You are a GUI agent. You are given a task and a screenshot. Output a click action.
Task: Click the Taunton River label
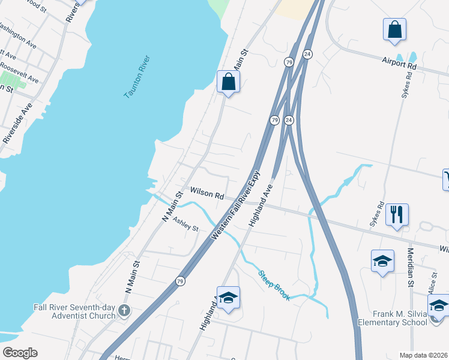(137, 77)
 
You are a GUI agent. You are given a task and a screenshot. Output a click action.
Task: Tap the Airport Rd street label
(399, 61)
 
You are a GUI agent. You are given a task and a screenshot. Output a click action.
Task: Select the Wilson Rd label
(207, 193)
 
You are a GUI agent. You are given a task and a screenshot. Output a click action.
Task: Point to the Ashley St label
(185, 224)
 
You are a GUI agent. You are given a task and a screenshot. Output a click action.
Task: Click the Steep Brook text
(274, 286)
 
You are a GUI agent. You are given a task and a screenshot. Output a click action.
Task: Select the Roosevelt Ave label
(19, 73)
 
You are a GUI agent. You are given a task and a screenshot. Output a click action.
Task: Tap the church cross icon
(124, 311)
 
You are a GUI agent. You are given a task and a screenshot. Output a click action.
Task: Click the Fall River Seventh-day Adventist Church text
(74, 311)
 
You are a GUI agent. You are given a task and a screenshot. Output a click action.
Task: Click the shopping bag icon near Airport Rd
(394, 29)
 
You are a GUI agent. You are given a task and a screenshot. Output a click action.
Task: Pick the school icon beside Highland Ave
(229, 298)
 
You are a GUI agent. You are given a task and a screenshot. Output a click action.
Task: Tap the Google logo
(20, 353)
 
